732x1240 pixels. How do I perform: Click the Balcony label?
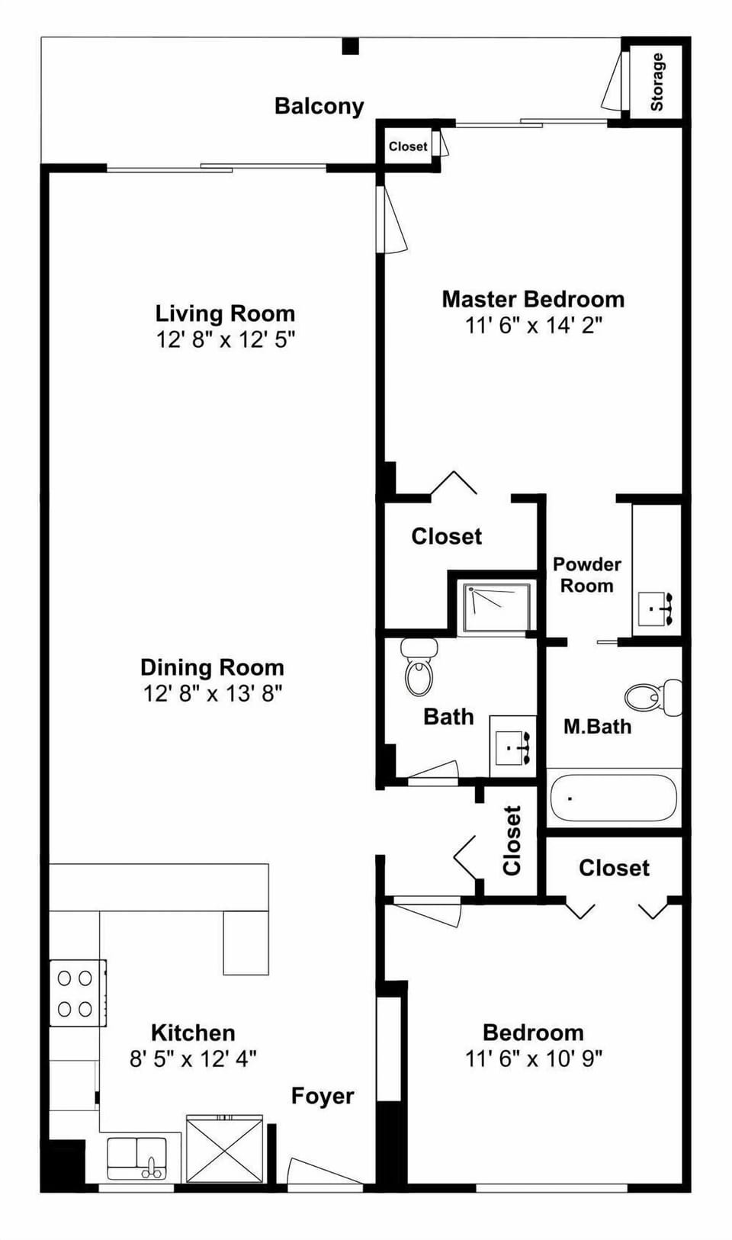[319, 106]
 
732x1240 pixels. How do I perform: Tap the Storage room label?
[657, 82]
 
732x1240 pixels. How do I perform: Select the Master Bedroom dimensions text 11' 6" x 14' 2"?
[533, 326]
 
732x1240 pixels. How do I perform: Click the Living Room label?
[225, 313]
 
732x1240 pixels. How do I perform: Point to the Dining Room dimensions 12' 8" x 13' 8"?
[213, 693]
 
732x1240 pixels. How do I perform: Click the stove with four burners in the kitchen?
[76, 993]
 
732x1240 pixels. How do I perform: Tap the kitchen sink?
[137, 1158]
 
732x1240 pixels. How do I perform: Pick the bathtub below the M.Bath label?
[613, 798]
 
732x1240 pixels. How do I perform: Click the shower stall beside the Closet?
[496, 608]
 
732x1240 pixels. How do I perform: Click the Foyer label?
[323, 1096]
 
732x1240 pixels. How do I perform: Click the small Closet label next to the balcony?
[408, 146]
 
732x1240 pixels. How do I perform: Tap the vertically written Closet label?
[512, 840]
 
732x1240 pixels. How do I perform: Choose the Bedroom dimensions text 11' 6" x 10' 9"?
[533, 1058]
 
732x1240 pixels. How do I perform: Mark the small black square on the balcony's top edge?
[350, 46]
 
